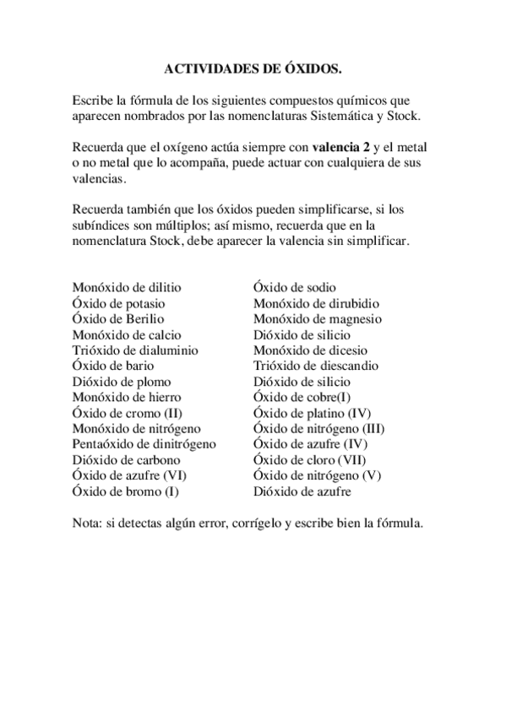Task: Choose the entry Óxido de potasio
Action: (x=118, y=303)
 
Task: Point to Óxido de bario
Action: (x=111, y=366)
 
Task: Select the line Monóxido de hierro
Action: (x=127, y=397)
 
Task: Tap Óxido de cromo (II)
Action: (x=127, y=413)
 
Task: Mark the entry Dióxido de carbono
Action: (x=127, y=459)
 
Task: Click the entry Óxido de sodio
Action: (x=294, y=288)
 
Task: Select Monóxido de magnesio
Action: (x=318, y=319)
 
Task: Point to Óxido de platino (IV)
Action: (x=312, y=413)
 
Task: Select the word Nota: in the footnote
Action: (x=89, y=523)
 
